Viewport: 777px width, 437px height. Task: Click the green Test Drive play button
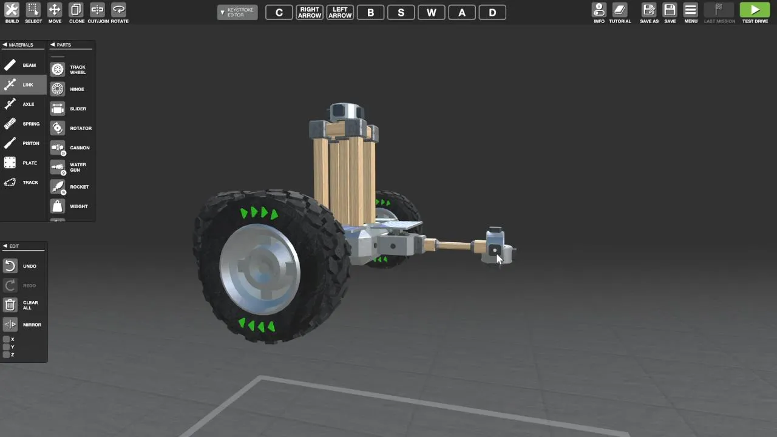755,10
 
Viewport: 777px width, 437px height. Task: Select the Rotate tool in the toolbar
118,10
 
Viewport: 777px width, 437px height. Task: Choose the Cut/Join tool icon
98,10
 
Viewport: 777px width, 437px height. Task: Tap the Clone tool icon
76,10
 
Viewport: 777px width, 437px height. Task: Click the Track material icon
10,182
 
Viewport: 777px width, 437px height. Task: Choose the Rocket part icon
58,187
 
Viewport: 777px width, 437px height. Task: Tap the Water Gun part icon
58,168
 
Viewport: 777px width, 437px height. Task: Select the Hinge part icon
58,89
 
